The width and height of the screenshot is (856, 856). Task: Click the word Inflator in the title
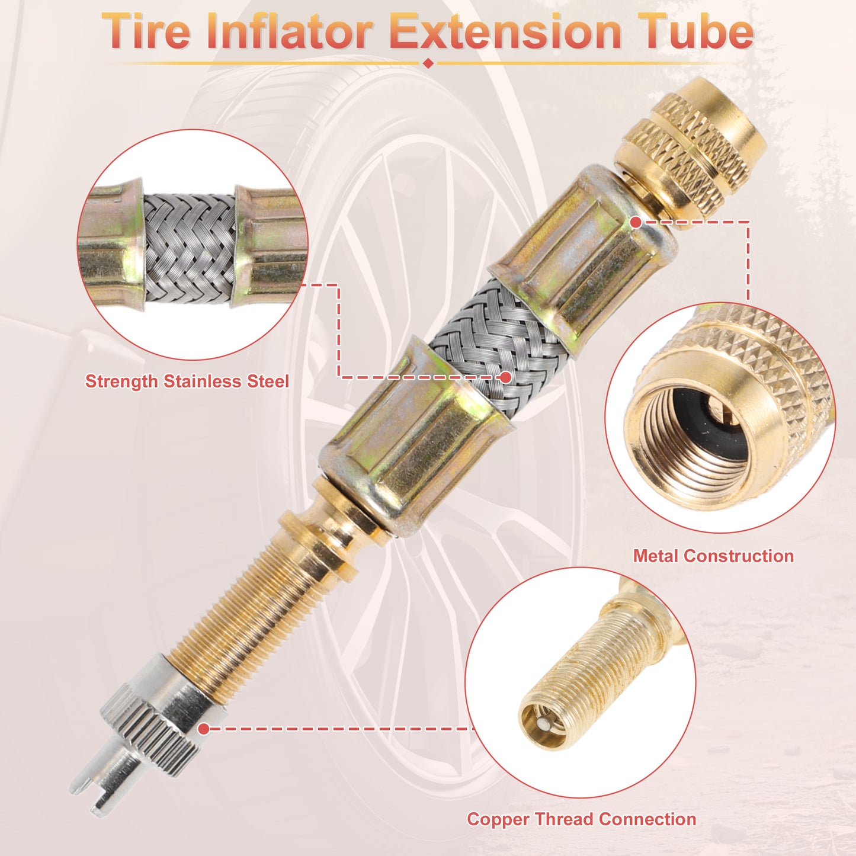tap(290, 31)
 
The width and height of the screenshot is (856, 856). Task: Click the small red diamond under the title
tap(428, 63)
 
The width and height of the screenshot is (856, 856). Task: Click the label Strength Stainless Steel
tap(187, 381)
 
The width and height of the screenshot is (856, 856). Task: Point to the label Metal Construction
tap(713, 556)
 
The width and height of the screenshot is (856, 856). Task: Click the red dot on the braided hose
tap(505, 377)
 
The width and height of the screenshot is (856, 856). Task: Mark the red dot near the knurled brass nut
tap(636, 222)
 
